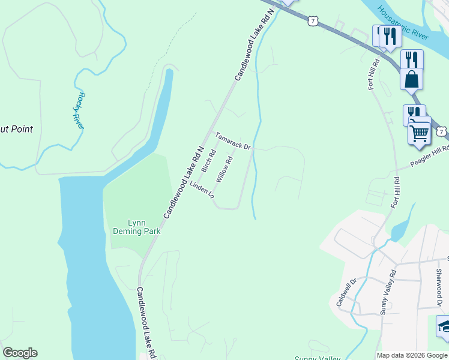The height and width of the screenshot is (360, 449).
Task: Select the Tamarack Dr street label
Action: [x=233, y=142]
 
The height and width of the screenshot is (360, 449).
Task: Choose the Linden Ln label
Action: [x=202, y=190]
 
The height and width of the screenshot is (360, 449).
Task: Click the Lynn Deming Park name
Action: [x=130, y=226]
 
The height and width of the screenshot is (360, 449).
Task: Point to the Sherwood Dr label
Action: [x=439, y=279]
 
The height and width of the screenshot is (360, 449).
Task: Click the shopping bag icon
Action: [x=411, y=79]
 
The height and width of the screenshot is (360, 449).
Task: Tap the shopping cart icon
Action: [x=419, y=133]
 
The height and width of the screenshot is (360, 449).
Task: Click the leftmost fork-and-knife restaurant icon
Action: [x=384, y=35]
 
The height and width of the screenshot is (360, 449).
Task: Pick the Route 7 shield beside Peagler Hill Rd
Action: [x=442, y=130]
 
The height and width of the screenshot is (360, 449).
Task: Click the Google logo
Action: [x=20, y=353]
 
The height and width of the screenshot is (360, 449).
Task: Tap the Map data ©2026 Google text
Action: [x=412, y=355]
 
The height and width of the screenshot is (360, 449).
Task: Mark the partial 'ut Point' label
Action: [x=16, y=129]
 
